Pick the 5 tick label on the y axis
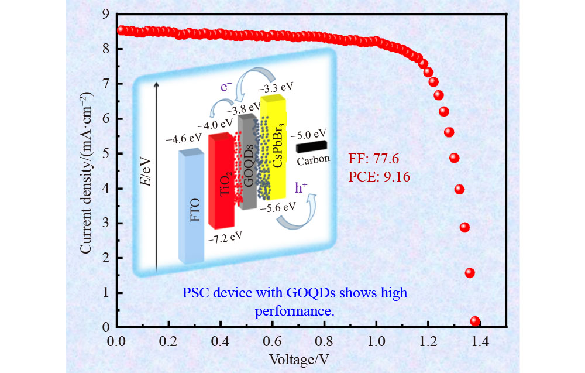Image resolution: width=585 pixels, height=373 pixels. [x=105, y=154]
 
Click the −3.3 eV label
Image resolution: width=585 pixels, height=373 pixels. [x=274, y=89]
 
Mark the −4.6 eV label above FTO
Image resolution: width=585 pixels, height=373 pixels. [x=184, y=138]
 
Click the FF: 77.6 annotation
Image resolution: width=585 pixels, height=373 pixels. [x=373, y=159]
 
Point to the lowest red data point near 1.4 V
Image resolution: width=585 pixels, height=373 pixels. [x=475, y=321]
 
